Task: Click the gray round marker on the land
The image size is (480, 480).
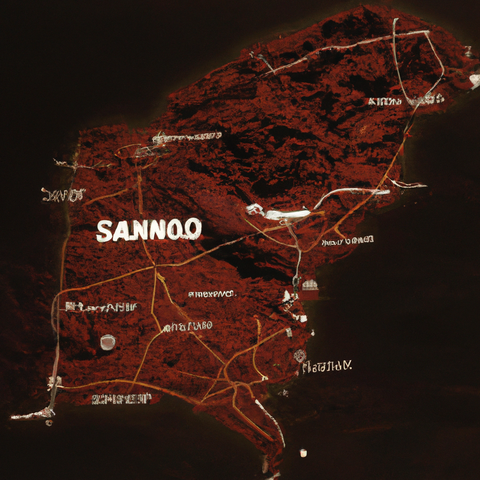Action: (108, 342)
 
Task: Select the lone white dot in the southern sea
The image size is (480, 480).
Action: (303, 452)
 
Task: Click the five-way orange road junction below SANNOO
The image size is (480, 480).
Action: (155, 267)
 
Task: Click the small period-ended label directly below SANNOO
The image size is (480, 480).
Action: (212, 294)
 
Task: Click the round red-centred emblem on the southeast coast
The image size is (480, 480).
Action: (300, 356)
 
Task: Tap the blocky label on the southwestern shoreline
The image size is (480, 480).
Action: (121, 399)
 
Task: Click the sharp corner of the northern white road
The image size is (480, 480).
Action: (428, 32)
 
